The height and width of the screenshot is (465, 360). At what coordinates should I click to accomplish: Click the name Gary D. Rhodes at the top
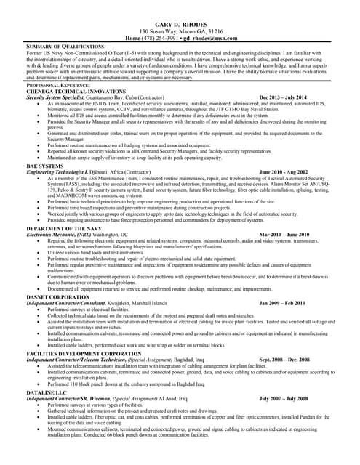point(180,25)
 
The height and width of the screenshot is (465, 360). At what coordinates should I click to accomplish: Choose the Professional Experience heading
point(59,85)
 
